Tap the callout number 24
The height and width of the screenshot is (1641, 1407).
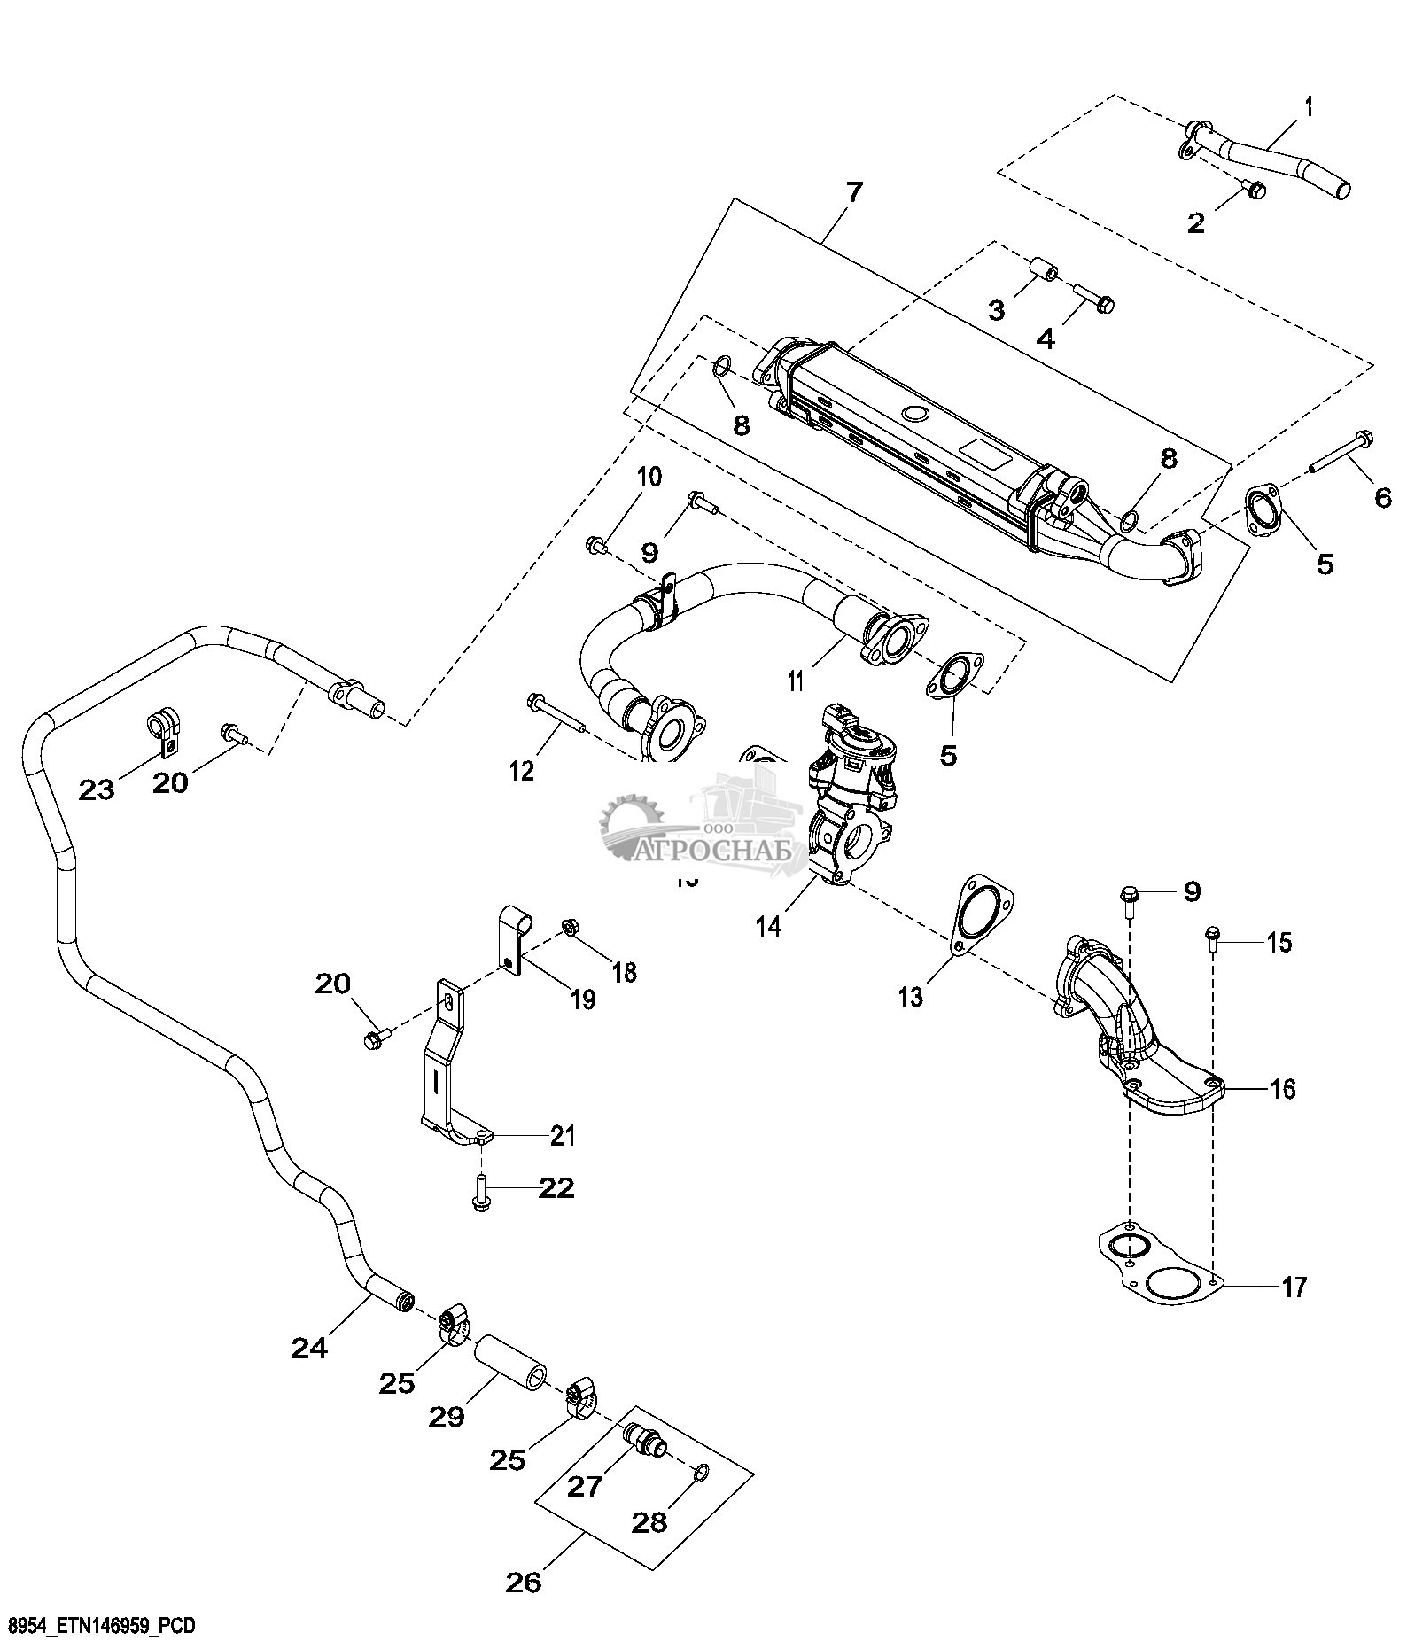pyautogui.click(x=308, y=1348)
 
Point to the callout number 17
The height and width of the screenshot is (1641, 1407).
pyautogui.click(x=1294, y=1287)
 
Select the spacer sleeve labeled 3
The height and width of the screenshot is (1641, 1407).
pyautogui.click(x=1044, y=269)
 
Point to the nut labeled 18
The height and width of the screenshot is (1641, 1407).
pyautogui.click(x=571, y=928)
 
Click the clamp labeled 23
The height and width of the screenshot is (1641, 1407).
pyautogui.click(x=165, y=726)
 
